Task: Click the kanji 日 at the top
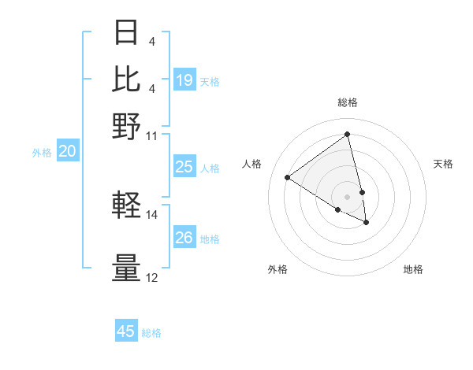(126, 34)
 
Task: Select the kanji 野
(126, 125)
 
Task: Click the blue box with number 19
(184, 80)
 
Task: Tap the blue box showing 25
(184, 167)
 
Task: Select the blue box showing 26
(184, 238)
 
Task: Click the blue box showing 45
(126, 331)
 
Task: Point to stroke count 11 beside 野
(152, 135)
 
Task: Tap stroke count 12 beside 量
(152, 277)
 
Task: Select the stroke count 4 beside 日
(151, 41)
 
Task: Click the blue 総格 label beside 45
(151, 333)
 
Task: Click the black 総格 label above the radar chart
(348, 102)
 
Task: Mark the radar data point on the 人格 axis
(288, 177)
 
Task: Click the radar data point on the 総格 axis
(348, 135)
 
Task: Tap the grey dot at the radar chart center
(348, 196)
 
